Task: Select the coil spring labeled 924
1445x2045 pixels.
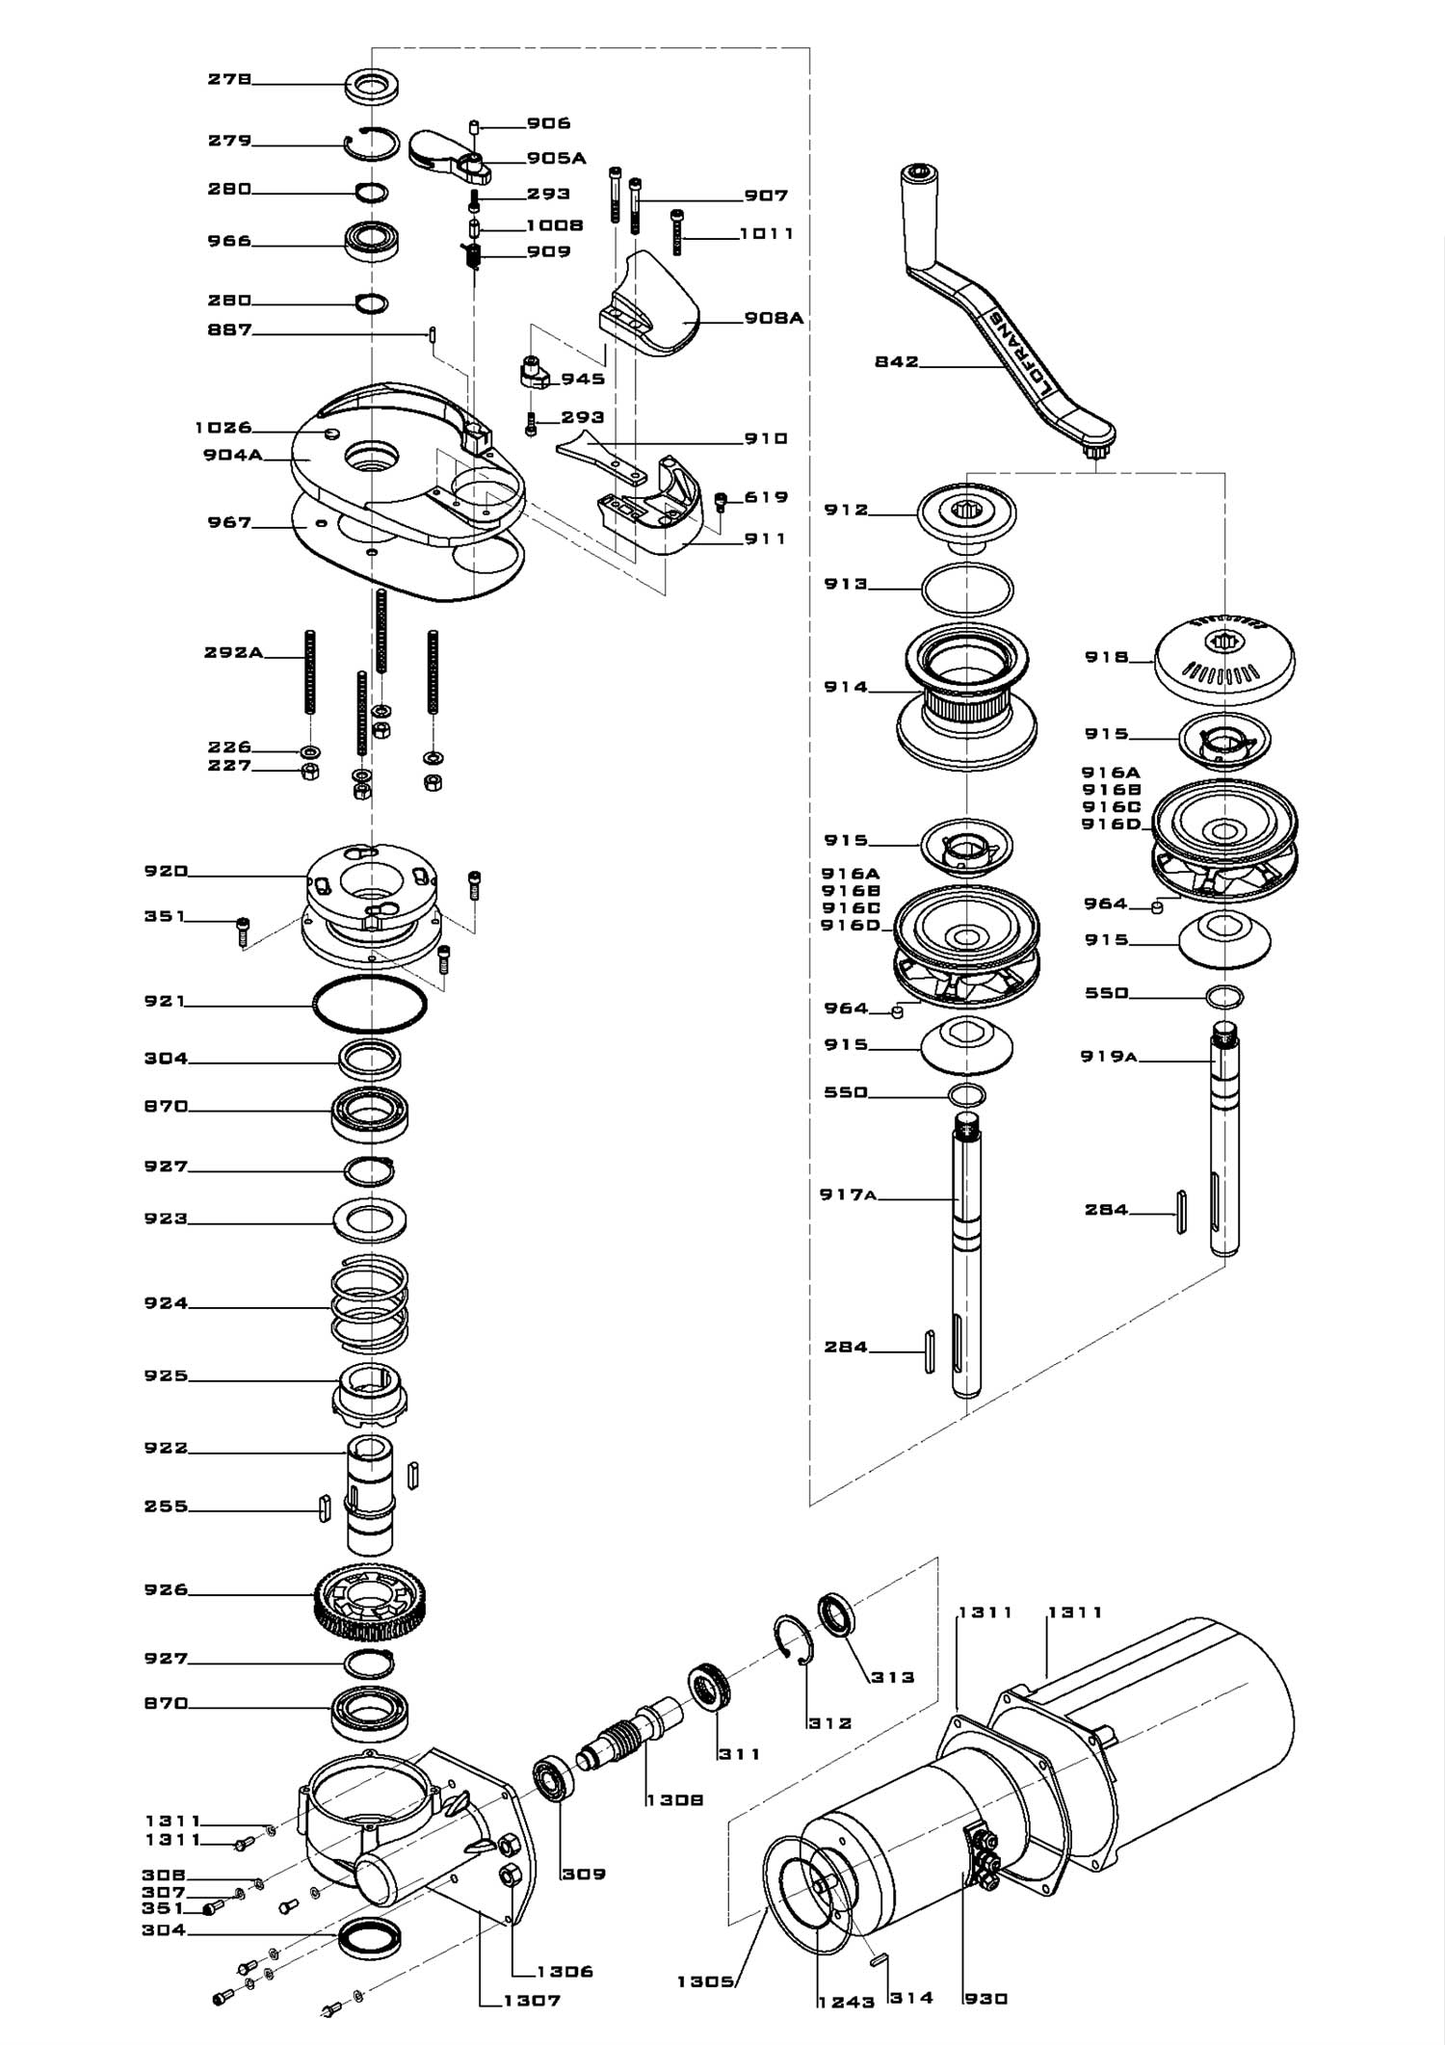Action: coord(369,1305)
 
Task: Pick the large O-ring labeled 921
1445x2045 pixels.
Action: coord(370,1005)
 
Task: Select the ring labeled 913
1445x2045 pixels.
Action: coord(967,587)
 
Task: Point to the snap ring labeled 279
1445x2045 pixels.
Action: coord(372,144)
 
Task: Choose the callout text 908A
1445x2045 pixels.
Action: coord(774,318)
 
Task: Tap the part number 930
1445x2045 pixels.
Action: coord(985,1999)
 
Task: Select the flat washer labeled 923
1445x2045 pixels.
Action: coord(369,1220)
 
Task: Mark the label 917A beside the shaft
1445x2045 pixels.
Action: coord(848,1195)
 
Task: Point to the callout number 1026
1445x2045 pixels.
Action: coord(223,428)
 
